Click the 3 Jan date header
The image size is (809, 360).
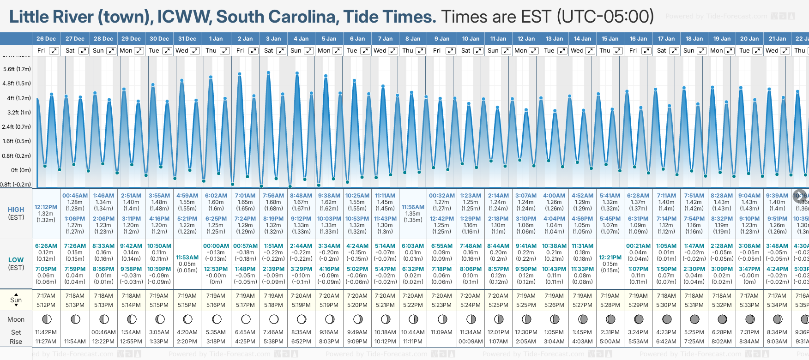(273, 39)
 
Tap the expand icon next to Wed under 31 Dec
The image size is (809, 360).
(195, 51)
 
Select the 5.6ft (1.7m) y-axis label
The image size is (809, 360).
(17, 69)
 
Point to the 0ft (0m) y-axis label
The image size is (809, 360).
(21, 170)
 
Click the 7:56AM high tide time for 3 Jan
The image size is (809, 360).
(273, 196)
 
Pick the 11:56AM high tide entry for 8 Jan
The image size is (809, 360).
(413, 207)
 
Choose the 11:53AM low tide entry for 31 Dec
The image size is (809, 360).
(187, 258)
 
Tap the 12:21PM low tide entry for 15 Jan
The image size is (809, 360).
(610, 258)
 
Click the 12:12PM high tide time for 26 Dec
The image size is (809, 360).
(46, 207)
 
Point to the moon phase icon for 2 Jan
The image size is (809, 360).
(246, 319)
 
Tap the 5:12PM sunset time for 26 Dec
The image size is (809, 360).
(46, 305)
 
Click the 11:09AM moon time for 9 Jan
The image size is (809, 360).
(441, 332)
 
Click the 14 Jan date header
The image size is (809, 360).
(582, 39)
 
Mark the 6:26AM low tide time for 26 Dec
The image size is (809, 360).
(46, 246)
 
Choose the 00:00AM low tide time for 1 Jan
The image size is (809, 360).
(216, 246)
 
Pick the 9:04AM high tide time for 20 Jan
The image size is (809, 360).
(749, 196)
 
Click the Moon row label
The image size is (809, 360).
(16, 319)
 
